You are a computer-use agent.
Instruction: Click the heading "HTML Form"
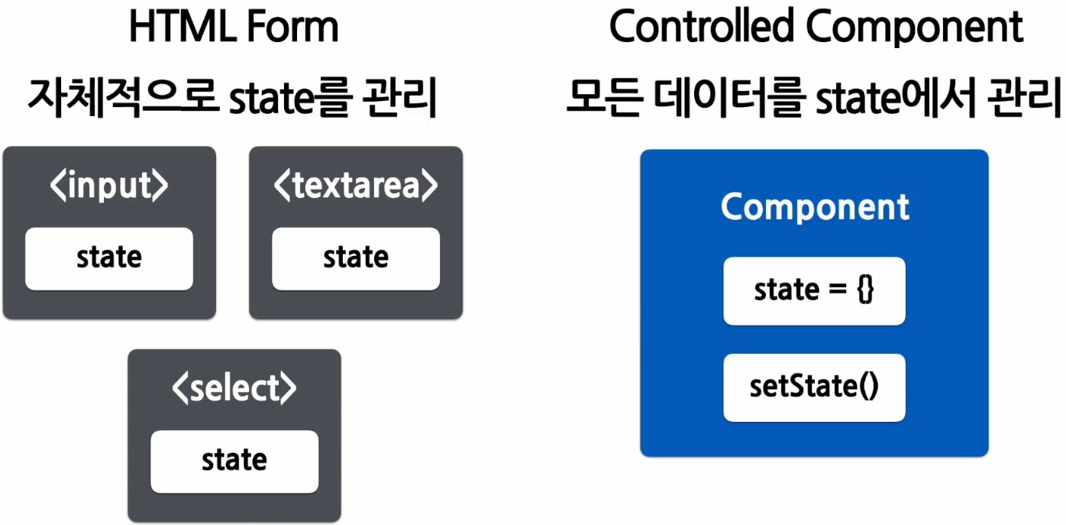[233, 28]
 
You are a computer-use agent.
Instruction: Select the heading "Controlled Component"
[816, 28]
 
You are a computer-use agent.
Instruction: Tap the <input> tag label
[109, 186]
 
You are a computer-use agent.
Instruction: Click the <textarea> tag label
[356, 186]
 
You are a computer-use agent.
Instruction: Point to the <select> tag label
[234, 389]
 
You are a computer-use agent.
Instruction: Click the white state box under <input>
[109, 258]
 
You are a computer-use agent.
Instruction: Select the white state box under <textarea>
[356, 258]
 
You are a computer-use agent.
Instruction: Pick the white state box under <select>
[234, 461]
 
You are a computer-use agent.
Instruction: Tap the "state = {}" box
[814, 290]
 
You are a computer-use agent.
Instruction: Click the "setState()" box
[814, 387]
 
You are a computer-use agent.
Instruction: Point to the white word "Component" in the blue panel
[815, 207]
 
